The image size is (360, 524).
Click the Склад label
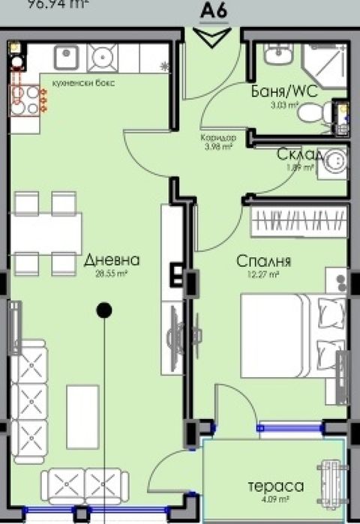(x=300, y=154)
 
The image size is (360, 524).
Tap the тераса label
(x=277, y=487)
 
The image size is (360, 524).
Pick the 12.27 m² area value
(x=265, y=275)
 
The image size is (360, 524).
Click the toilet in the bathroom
(x=328, y=113)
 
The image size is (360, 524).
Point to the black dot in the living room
(x=104, y=309)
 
